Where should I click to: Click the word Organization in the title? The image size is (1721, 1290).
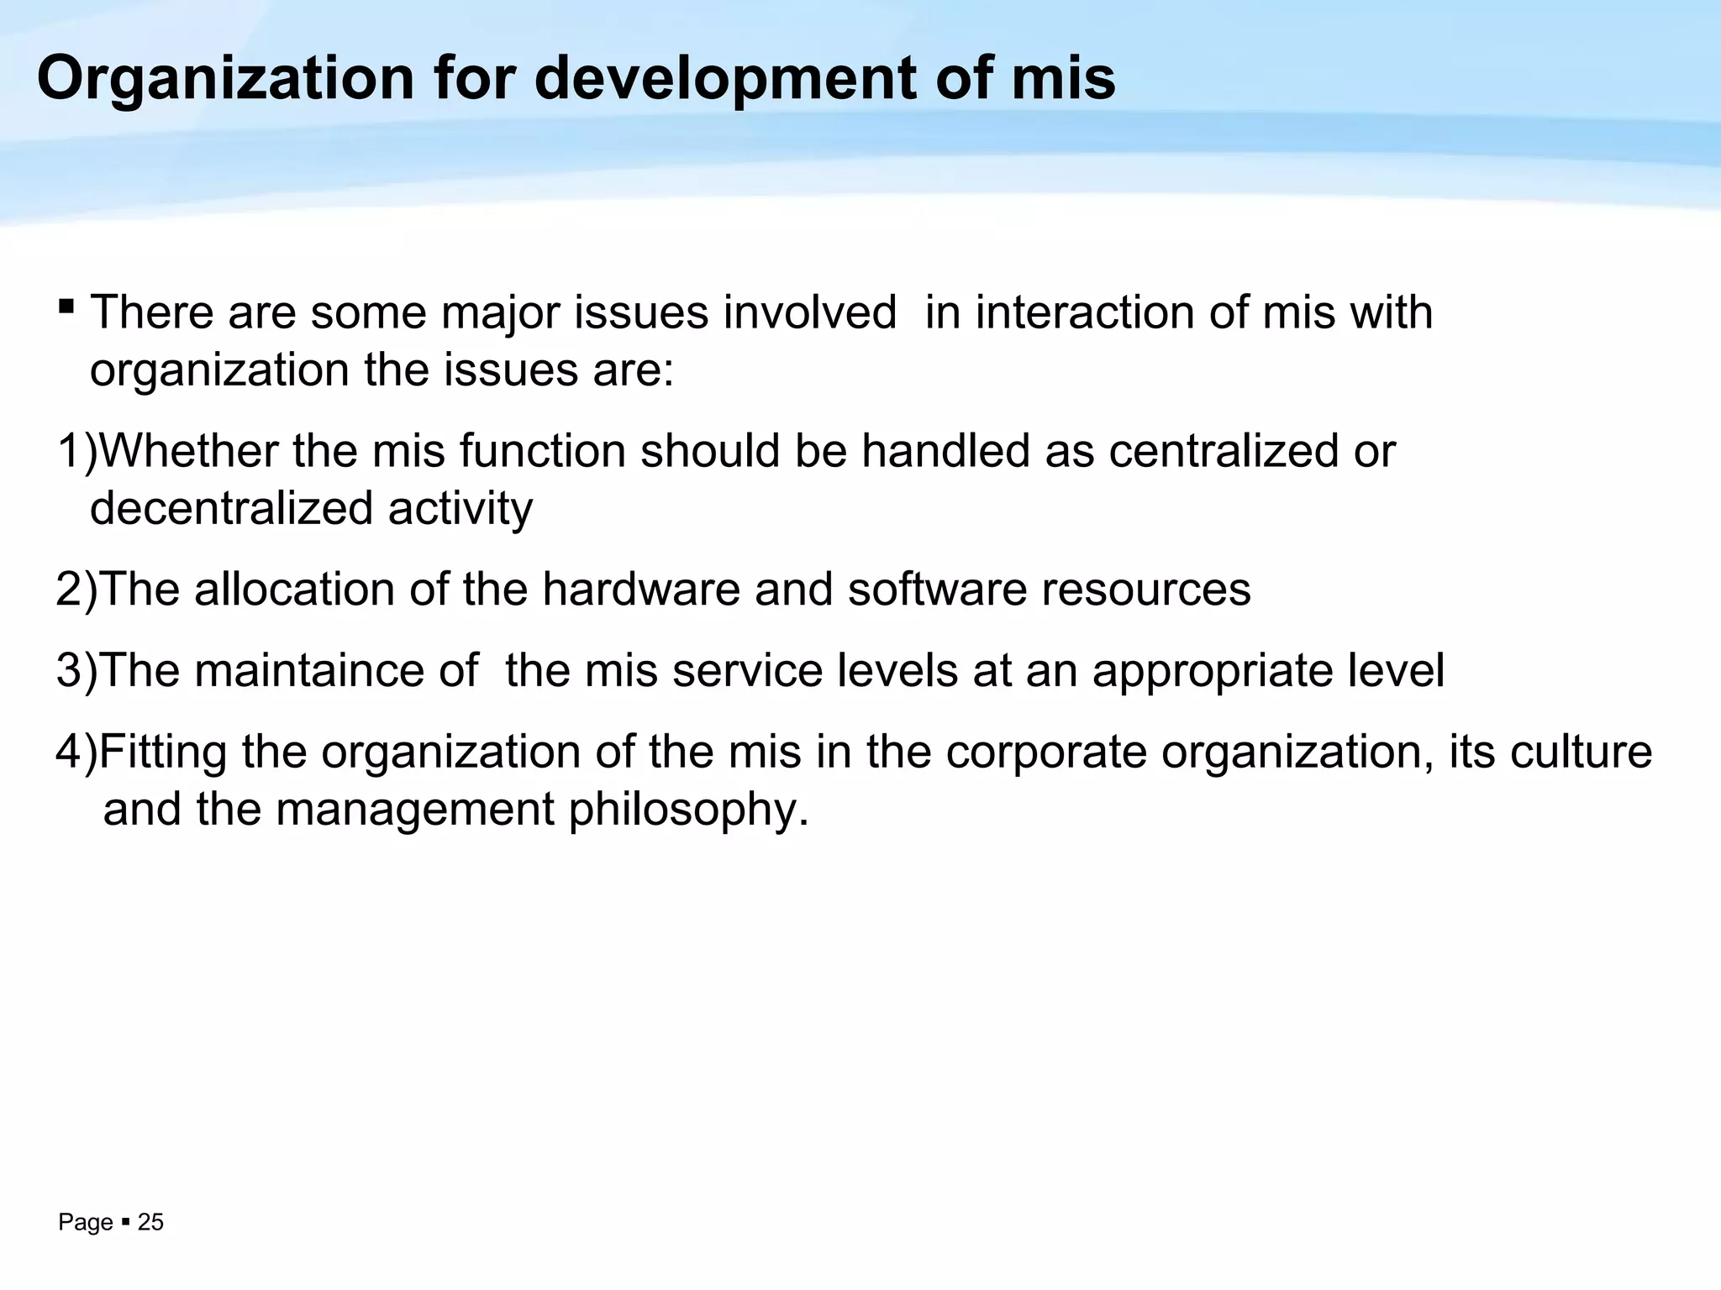pyautogui.click(x=225, y=80)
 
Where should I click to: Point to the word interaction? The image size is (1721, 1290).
pyautogui.click(x=1084, y=312)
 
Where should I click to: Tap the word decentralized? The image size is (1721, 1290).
pyautogui.click(x=231, y=509)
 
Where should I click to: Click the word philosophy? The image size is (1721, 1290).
pyautogui.click(x=688, y=810)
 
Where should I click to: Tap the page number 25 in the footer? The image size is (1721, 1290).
pyautogui.click(x=150, y=1223)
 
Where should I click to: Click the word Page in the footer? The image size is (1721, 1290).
pyautogui.click(x=85, y=1223)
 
